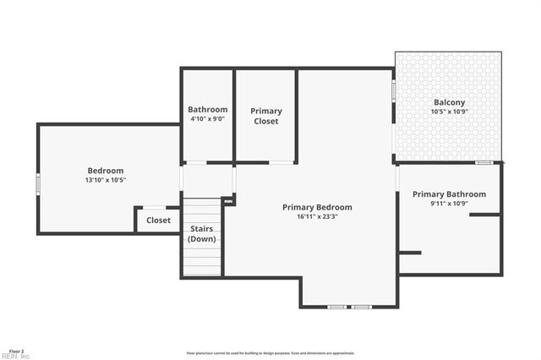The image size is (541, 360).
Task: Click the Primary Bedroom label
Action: [x=317, y=207]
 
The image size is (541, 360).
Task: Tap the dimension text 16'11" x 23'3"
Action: [x=317, y=216]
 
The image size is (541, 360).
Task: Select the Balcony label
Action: [x=449, y=102]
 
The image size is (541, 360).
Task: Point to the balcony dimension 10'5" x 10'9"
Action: [x=449, y=112]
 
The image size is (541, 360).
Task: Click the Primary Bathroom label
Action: [x=449, y=194]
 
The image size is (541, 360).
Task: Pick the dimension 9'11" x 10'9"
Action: [x=449, y=204]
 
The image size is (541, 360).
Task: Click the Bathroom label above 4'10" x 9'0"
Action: [x=207, y=110]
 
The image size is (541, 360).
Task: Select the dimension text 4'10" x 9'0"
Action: [x=207, y=119]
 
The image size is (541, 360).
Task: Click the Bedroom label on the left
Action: [x=106, y=171]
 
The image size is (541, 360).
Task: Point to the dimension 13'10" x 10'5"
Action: [x=106, y=180]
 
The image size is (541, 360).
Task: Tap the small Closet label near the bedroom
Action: [x=158, y=221]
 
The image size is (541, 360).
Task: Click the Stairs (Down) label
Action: [x=203, y=233]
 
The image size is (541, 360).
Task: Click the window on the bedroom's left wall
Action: [x=37, y=183]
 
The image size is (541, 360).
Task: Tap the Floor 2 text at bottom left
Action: [x=16, y=350]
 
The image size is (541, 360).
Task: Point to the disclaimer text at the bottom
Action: [x=270, y=353]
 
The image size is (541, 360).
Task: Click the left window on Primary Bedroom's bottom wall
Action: [x=336, y=306]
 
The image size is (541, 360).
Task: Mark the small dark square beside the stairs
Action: [x=228, y=201]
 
